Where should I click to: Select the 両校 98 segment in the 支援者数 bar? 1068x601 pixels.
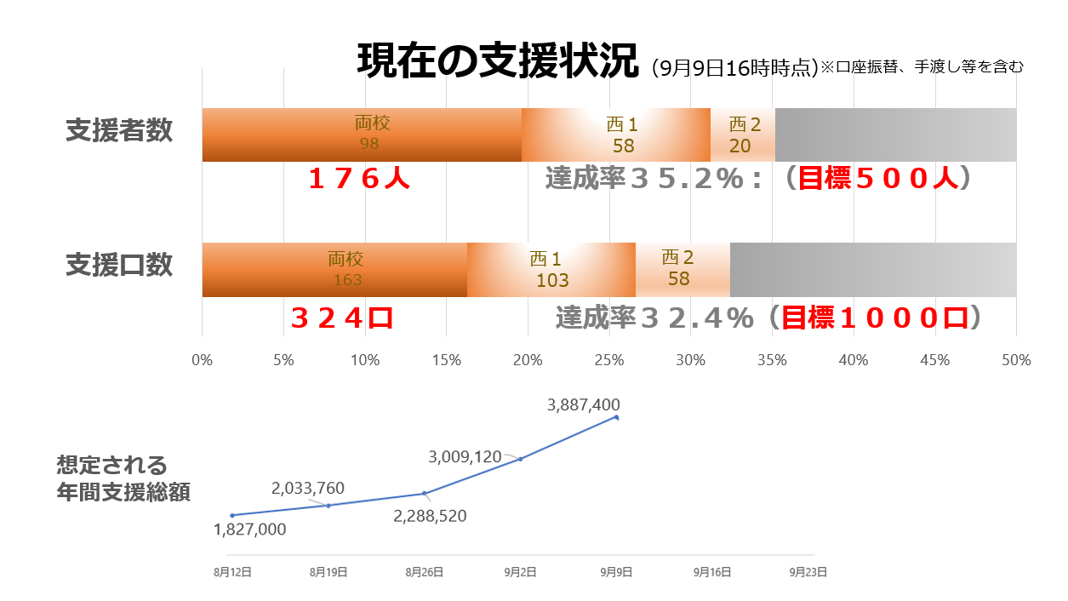click(x=362, y=135)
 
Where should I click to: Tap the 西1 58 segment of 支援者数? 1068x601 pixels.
click(x=615, y=135)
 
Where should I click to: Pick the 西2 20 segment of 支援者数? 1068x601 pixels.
click(x=742, y=135)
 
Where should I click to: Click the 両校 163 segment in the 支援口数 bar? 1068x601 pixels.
click(x=334, y=270)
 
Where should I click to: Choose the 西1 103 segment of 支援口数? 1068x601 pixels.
click(x=551, y=270)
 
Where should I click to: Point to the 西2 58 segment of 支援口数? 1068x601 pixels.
click(x=682, y=270)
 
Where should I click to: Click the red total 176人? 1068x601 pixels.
click(x=359, y=180)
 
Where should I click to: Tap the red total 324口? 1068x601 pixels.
click(x=342, y=318)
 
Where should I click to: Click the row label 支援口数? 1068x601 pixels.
click(x=119, y=265)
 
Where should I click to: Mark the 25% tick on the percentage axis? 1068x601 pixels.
click(x=609, y=360)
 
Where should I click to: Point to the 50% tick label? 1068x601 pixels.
click(x=1016, y=360)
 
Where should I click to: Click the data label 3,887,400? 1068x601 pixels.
click(x=584, y=405)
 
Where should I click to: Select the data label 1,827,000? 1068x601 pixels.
click(x=250, y=529)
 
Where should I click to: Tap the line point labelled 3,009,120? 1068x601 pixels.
click(x=520, y=459)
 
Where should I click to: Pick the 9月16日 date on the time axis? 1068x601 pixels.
click(x=712, y=573)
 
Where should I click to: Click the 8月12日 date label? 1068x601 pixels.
click(x=232, y=573)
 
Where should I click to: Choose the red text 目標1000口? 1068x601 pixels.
click(x=876, y=318)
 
